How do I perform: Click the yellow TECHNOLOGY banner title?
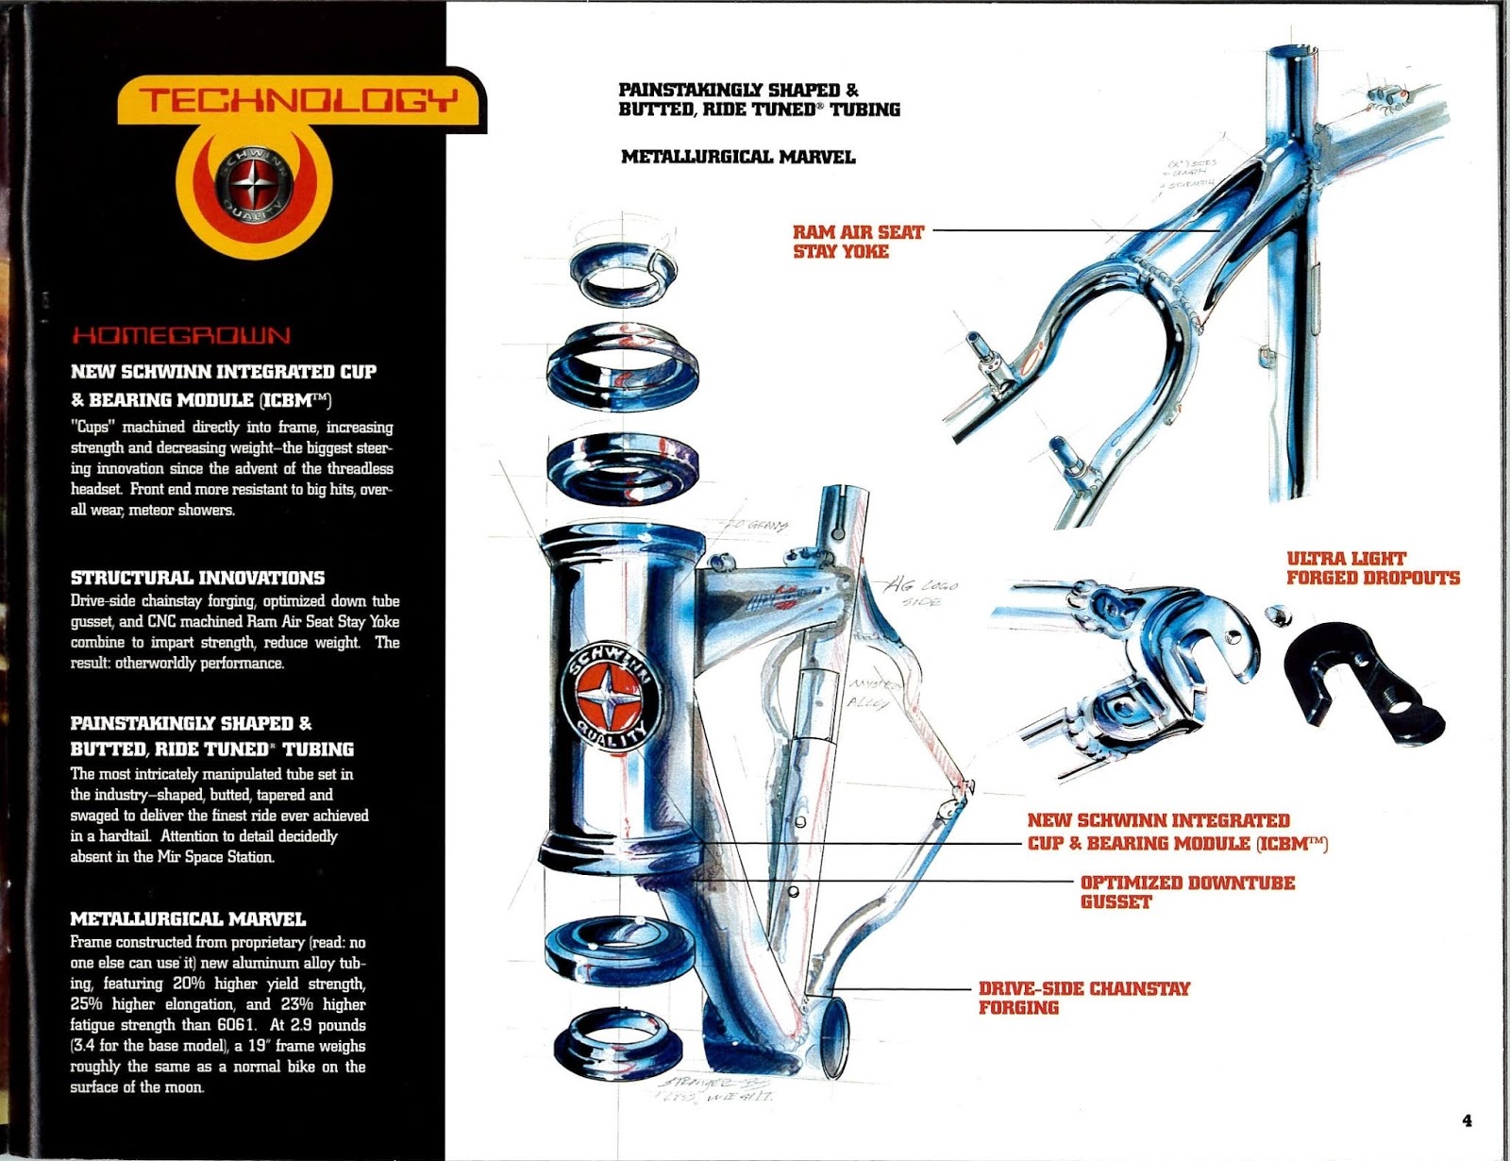300,99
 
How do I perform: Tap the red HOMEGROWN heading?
181,336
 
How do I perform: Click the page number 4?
1467,1120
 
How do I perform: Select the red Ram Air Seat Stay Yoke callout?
857,242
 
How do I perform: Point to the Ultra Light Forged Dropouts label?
1372,568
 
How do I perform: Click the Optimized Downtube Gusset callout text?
1186,892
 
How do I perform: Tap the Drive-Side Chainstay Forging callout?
1083,998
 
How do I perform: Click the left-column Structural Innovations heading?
197,578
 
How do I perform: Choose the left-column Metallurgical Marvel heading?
188,918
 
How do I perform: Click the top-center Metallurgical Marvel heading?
738,157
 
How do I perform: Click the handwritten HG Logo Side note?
921,593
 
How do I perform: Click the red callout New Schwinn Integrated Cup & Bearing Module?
1176,832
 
